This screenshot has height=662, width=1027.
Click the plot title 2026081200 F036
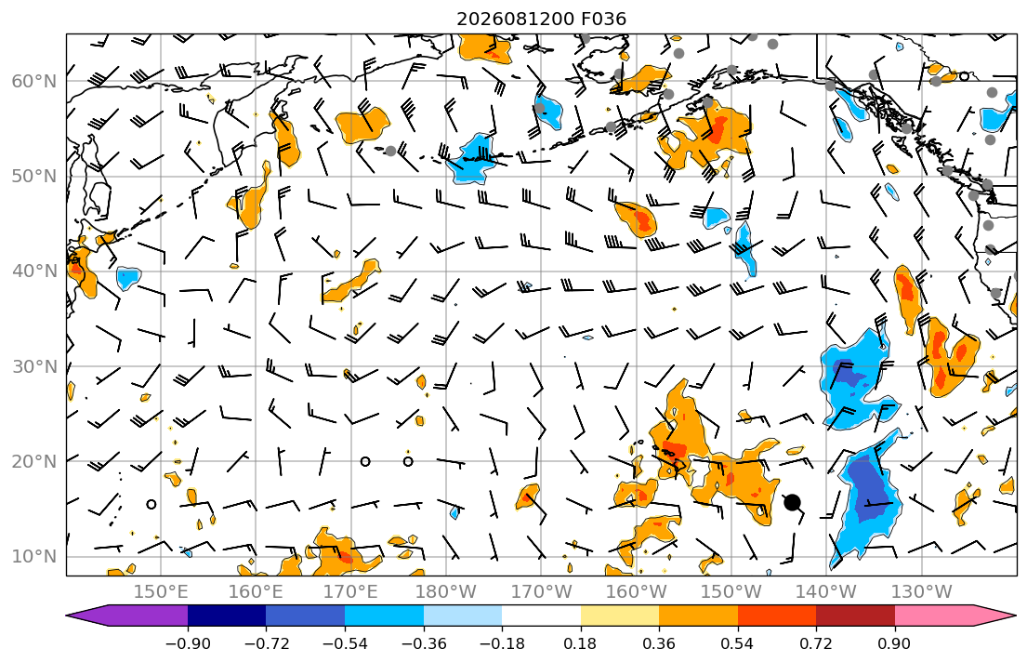[541, 19]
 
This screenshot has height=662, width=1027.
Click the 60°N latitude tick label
[34, 81]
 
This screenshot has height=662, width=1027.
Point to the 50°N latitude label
[34, 177]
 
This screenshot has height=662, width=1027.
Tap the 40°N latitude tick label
[34, 271]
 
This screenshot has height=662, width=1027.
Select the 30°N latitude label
[34, 365]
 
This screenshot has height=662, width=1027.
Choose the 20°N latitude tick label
[34, 461]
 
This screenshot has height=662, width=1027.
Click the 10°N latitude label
[34, 556]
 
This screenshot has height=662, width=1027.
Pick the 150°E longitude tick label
[161, 592]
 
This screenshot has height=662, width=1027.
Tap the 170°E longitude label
[351, 592]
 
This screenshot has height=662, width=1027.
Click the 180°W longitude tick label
[446, 592]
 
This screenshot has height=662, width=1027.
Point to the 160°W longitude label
[637, 592]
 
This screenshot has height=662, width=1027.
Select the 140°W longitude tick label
[826, 592]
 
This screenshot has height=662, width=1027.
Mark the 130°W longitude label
[922, 592]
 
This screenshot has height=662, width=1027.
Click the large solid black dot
[792, 503]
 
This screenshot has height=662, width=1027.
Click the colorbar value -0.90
[188, 643]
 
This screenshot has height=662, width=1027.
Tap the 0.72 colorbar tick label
[816, 643]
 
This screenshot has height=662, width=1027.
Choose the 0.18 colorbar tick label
[580, 643]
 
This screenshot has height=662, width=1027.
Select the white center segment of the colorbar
[541, 616]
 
